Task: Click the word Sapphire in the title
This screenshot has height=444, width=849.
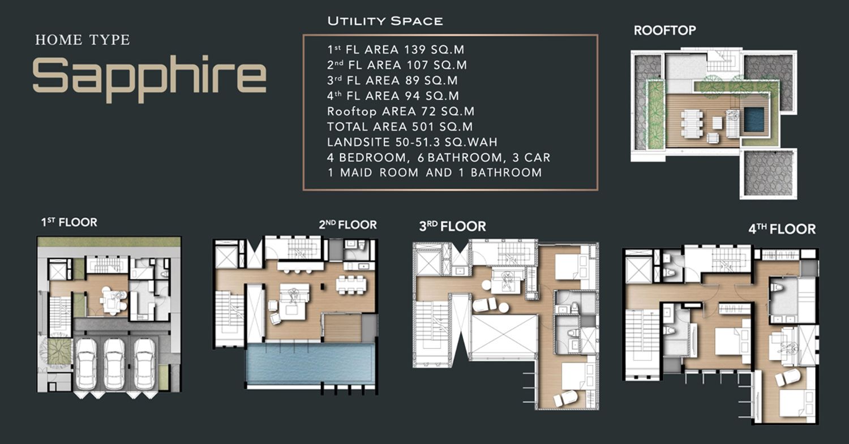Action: point(149,79)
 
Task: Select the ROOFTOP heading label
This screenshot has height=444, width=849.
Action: point(665,31)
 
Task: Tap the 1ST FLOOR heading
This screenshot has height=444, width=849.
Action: point(69,222)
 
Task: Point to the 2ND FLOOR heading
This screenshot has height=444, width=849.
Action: point(348,225)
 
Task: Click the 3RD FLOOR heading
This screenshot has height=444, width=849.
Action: point(452,226)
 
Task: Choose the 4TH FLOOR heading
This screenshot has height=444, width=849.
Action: point(782,229)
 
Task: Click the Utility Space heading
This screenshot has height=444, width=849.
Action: point(385,21)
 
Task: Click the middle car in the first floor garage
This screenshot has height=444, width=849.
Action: point(114,364)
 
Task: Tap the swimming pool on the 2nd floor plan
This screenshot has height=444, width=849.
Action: point(310,363)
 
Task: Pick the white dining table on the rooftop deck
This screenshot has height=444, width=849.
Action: point(692,124)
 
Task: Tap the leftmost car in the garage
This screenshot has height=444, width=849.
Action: point(87,364)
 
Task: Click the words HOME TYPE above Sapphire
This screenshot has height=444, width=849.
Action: point(83,40)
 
